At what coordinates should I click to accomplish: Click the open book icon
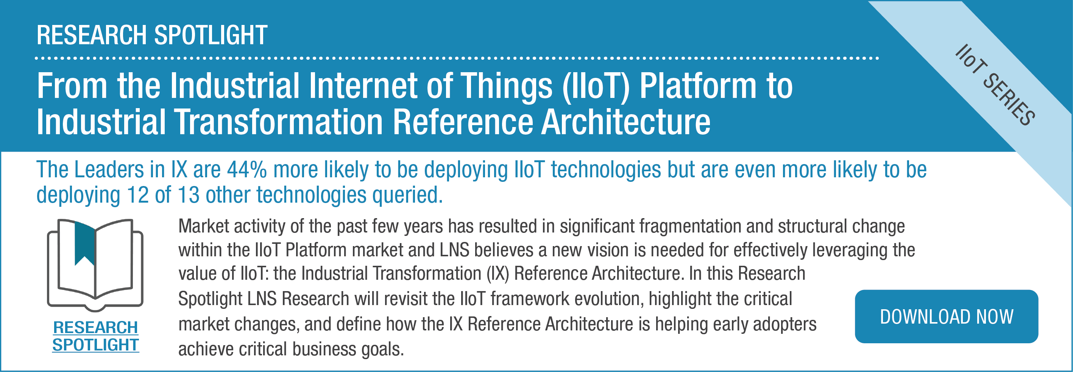(x=95, y=265)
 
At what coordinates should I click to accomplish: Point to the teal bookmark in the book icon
(x=85, y=243)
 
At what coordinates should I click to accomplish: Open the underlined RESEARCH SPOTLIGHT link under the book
(x=95, y=336)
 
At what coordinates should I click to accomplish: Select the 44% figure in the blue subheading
(x=246, y=170)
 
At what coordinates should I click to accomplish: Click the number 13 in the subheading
(x=189, y=195)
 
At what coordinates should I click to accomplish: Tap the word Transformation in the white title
(x=278, y=121)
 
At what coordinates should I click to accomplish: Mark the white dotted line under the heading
(x=457, y=58)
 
